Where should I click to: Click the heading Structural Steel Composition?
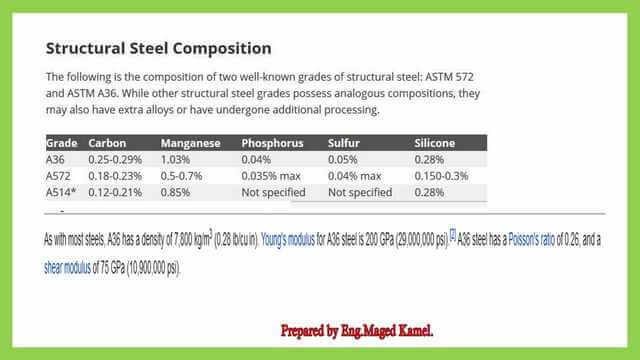pos(158,48)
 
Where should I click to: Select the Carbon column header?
pos(107,144)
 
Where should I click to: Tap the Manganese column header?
pos(190,144)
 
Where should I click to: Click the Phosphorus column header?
pos(272,144)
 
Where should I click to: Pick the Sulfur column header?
pos(344,144)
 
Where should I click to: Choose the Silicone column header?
pos(435,144)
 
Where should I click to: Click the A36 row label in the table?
pos(55,159)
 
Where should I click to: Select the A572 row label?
pos(58,175)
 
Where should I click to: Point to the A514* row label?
pos(61,192)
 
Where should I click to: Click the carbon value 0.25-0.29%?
pos(115,159)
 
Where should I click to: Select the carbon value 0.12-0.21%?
pos(115,192)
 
